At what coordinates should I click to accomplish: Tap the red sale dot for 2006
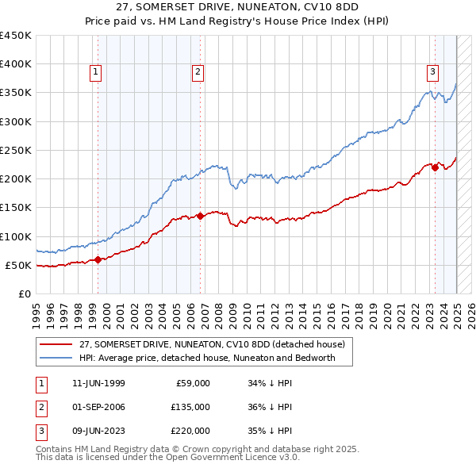pyautogui.click(x=201, y=215)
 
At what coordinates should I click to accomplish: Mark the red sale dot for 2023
pyautogui.click(x=436, y=167)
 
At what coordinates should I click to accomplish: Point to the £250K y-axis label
pyautogui.click(x=15, y=150)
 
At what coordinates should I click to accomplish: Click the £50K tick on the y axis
pyautogui.click(x=18, y=265)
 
